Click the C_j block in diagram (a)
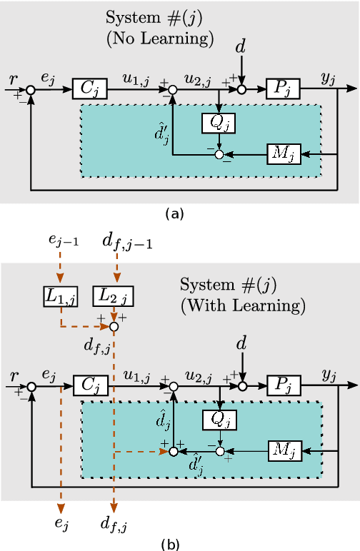(x=89, y=89)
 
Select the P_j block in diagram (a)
(x=283, y=89)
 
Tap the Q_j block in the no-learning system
(x=218, y=123)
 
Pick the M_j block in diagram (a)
(x=284, y=153)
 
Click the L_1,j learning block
(x=61, y=295)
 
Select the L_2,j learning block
(x=113, y=295)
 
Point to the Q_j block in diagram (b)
(x=219, y=420)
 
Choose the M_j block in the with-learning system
(x=285, y=450)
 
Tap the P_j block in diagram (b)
(x=284, y=385)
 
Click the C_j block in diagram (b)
(x=90, y=385)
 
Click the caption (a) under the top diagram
(x=174, y=213)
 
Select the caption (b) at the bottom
(x=171, y=545)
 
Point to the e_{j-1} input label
(x=64, y=240)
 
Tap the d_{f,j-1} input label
(x=126, y=243)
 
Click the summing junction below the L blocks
(x=114, y=326)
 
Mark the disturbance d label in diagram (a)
(x=241, y=47)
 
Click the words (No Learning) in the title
(x=160, y=38)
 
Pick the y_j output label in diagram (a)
(x=328, y=79)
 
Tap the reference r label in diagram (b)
(x=14, y=375)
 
